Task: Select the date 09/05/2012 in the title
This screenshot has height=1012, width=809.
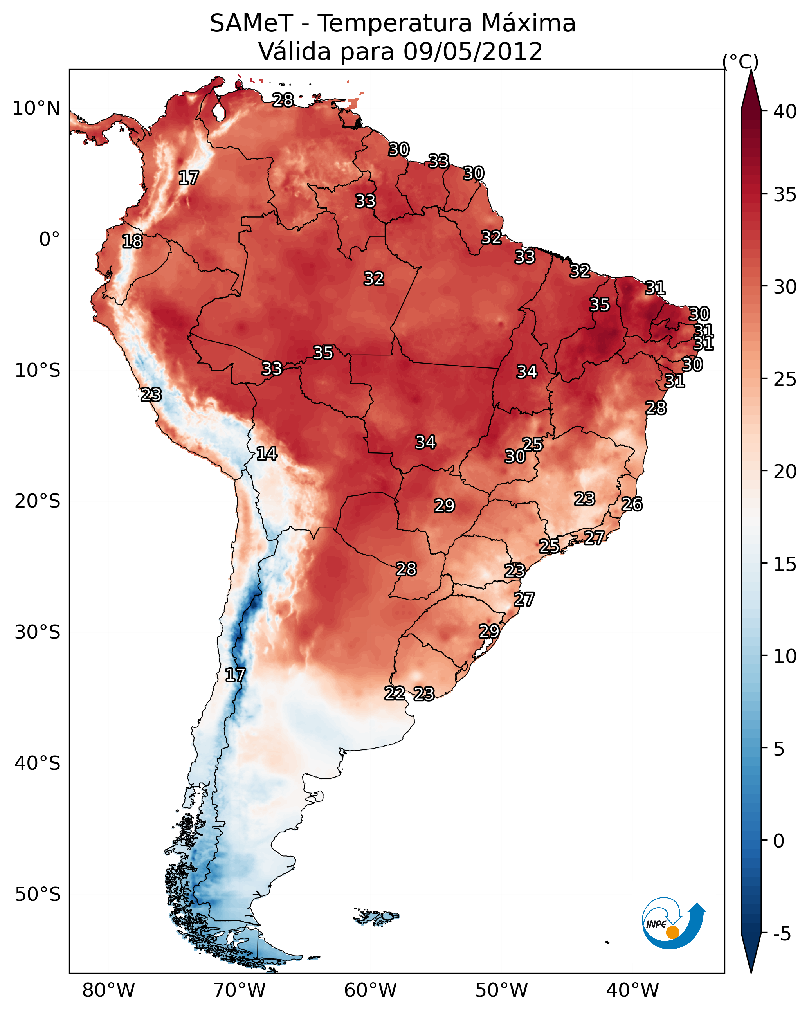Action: tap(472, 51)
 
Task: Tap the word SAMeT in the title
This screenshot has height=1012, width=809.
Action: tap(251, 23)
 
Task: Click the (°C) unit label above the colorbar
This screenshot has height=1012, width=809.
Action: tap(740, 61)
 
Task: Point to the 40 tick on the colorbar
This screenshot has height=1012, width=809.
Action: tap(785, 112)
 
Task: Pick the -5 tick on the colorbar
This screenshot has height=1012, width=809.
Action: tap(782, 934)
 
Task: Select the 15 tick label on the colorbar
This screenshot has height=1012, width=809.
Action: tap(785, 564)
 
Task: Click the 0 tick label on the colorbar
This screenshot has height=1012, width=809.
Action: tap(778, 841)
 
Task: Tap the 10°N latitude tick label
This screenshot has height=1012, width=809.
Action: tap(36, 108)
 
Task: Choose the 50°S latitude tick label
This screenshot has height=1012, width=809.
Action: tap(38, 895)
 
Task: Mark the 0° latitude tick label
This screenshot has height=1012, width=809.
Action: tap(50, 239)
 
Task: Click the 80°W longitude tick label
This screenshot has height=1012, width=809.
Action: tap(108, 990)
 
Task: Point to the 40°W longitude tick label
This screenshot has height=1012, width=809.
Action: tap(632, 990)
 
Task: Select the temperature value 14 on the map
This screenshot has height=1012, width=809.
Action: tap(267, 454)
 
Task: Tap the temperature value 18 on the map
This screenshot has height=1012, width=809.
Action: tap(132, 241)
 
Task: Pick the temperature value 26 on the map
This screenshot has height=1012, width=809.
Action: tap(632, 504)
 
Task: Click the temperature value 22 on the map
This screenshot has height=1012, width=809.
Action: tap(395, 693)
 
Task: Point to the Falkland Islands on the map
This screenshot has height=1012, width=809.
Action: tap(376, 916)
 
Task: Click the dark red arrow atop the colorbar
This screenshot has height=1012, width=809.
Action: tap(751, 91)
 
